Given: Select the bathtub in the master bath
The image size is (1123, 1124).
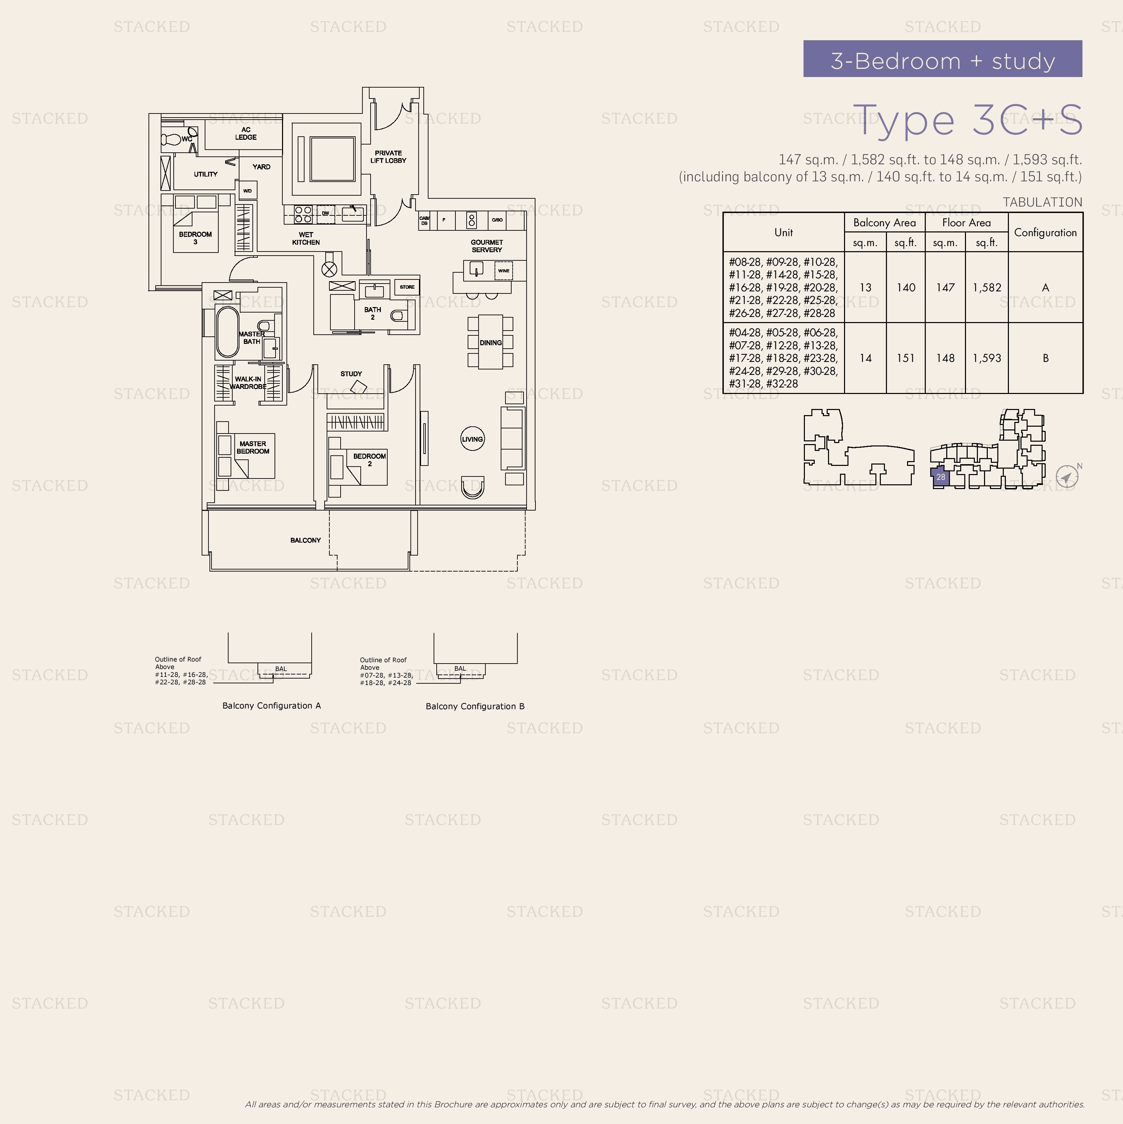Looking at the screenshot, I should pos(228,332).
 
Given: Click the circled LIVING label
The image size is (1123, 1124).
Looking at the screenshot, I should pos(472,439).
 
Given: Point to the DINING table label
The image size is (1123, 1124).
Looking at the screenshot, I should pos(490,343).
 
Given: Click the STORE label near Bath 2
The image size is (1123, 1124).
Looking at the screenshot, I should pos(407,287).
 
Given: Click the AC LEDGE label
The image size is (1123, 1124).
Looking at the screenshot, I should pos(246,134).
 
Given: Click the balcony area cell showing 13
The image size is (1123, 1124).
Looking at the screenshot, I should pos(865,287).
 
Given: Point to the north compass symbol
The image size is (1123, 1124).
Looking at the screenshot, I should pos(1066,476).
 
